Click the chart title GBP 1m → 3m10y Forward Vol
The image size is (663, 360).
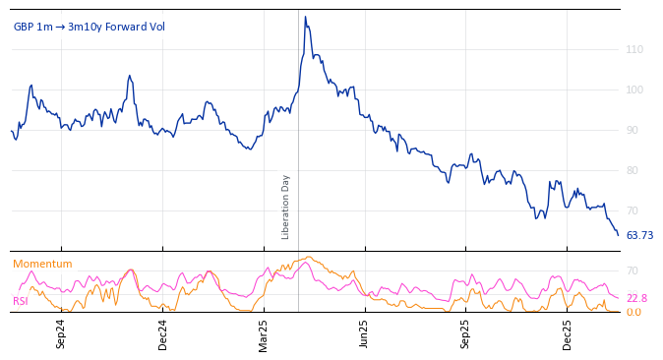click(x=89, y=27)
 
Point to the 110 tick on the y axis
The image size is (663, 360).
click(x=634, y=49)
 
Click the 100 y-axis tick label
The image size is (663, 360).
click(x=634, y=90)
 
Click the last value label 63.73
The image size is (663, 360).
click(x=639, y=236)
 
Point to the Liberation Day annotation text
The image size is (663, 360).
click(x=286, y=207)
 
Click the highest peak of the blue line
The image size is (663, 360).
click(x=305, y=17)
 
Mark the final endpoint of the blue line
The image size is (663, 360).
click(x=618, y=235)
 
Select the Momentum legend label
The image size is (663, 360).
click(x=42, y=264)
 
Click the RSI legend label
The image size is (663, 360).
click(x=21, y=301)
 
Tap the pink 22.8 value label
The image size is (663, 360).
click(x=636, y=298)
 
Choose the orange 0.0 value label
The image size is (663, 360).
click(x=634, y=312)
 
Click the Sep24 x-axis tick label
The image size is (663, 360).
click(x=61, y=334)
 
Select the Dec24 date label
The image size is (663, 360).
click(x=163, y=334)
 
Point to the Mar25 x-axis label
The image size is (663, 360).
click(x=264, y=334)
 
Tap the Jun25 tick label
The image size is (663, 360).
click(x=365, y=334)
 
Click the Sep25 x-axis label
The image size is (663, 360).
click(x=466, y=334)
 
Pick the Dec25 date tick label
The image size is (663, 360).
click(x=568, y=334)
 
